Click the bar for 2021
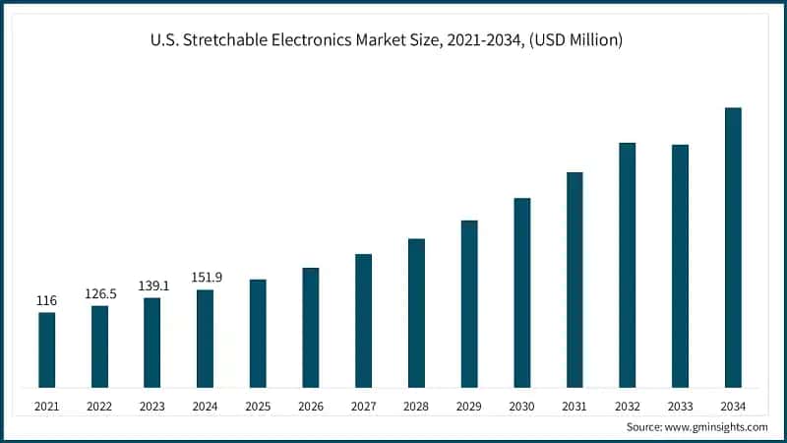pyautogui.click(x=46, y=349)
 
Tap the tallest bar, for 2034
pyautogui.click(x=733, y=247)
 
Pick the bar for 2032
pyautogui.click(x=627, y=265)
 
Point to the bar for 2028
pyautogui.click(x=416, y=313)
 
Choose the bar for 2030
pyautogui.click(x=522, y=292)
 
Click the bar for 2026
pyautogui.click(x=311, y=327)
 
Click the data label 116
pyautogui.click(x=46, y=300)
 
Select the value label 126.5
pyautogui.click(x=99, y=293)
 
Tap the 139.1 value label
pyautogui.click(x=152, y=285)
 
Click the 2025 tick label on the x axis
pyautogui.click(x=258, y=407)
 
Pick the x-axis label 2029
pyautogui.click(x=469, y=407)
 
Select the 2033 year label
pyautogui.click(x=680, y=407)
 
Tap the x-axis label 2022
pyautogui.click(x=99, y=407)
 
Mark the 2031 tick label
pyautogui.click(x=575, y=407)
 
